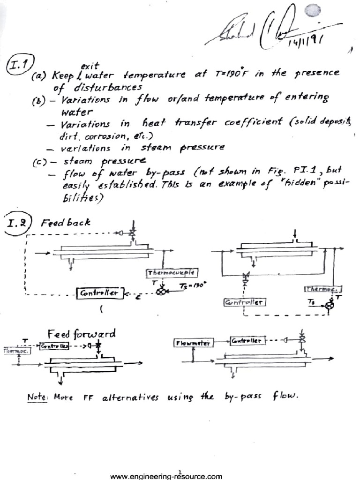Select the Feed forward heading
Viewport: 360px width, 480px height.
point(82,334)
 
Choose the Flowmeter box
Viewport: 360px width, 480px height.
point(193,343)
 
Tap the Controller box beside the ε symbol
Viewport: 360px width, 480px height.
point(100,294)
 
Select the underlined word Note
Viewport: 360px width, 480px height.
point(37,397)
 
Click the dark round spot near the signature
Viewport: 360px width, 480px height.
point(313,10)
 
